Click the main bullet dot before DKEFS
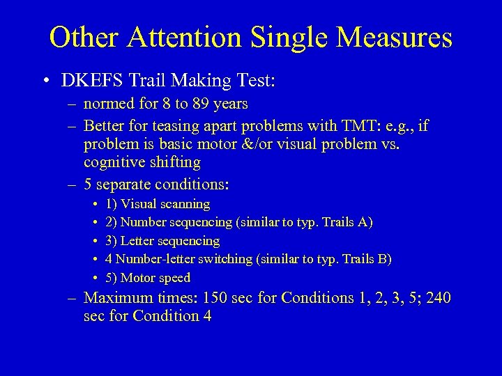pos(45,81)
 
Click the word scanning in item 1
pos(183,205)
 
